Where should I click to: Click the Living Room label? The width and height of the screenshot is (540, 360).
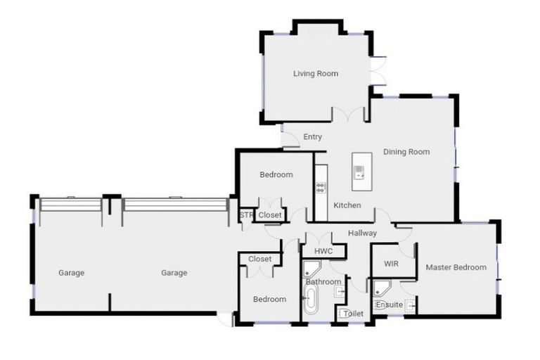pos(315,73)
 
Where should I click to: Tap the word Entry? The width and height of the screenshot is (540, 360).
pos(312,137)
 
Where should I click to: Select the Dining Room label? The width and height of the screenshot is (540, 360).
pos(406,151)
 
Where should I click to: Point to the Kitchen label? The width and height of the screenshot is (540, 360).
pos(347,205)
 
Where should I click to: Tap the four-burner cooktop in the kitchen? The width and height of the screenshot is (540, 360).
pos(321,187)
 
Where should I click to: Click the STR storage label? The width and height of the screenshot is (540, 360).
pos(246,215)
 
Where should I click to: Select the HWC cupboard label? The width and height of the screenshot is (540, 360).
pos(323,251)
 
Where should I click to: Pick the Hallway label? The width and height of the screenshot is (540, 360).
pos(362,233)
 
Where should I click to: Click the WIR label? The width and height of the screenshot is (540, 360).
pos(391,264)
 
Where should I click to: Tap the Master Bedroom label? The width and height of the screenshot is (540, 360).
pos(456,267)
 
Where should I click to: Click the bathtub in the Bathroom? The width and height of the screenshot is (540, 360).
pos(310,299)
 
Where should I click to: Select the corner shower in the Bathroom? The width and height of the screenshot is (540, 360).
pos(311,269)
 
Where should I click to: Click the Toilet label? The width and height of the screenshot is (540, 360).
pos(353,314)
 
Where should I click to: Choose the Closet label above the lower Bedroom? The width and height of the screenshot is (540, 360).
pos(259,259)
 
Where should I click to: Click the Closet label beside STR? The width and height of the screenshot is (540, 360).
pos(269,215)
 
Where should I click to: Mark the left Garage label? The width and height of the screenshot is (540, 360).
pos(71,273)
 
